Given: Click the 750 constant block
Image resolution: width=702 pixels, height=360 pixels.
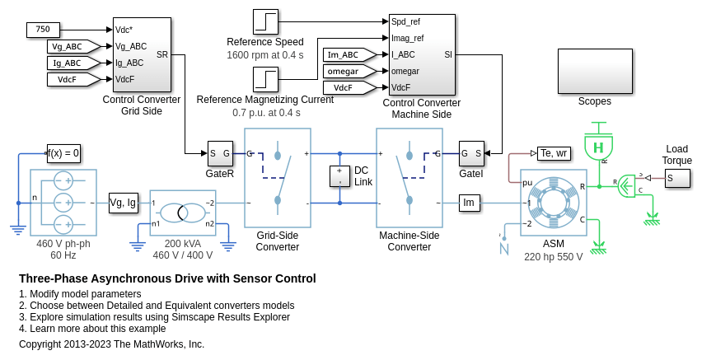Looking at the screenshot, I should pyautogui.click(x=43, y=30).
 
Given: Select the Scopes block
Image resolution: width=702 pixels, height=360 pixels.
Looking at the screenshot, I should pyautogui.click(x=594, y=72).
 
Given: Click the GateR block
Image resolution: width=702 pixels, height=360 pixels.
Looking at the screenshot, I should pyautogui.click(x=220, y=153).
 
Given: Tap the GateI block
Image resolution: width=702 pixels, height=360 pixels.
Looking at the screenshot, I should pyautogui.click(x=471, y=153).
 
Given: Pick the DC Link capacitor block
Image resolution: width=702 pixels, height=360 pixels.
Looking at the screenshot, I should pyautogui.click(x=339, y=176).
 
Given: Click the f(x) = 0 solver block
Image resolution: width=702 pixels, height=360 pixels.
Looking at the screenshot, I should pyautogui.click(x=63, y=153).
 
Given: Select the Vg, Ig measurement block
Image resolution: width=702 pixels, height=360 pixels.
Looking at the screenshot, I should pyautogui.click(x=123, y=203).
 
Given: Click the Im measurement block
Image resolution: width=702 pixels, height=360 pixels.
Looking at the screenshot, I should pyautogui.click(x=470, y=203).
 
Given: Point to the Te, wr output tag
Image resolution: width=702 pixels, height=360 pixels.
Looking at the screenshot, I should pyautogui.click(x=553, y=153).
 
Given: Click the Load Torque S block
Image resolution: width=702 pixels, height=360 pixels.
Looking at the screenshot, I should pyautogui.click(x=677, y=178).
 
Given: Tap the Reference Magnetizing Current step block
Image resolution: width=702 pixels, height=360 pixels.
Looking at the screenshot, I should pyautogui.click(x=265, y=79).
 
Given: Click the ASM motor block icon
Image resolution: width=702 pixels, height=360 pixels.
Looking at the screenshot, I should pyautogui.click(x=554, y=203).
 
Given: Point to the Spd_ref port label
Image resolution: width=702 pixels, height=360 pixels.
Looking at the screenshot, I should pyautogui.click(x=407, y=22).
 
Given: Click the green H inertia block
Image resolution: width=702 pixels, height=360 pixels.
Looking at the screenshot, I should pyautogui.click(x=599, y=147).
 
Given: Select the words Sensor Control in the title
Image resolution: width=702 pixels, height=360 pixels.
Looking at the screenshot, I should pyautogui.click(x=273, y=278).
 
